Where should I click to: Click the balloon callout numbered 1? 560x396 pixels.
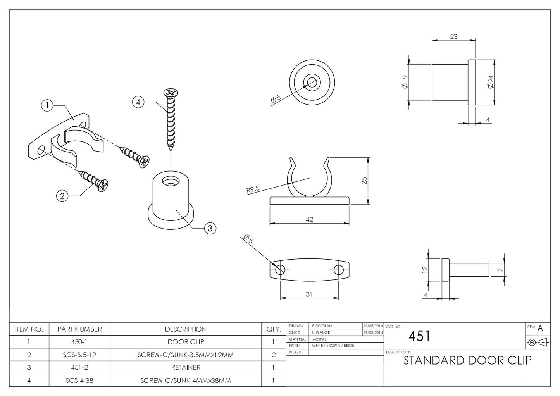(x=47, y=105)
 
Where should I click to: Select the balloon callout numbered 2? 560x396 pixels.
(x=62, y=196)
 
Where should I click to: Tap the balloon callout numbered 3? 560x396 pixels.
(x=210, y=228)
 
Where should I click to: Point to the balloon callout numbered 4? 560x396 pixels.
(x=138, y=102)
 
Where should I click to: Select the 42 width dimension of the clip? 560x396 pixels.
(x=309, y=219)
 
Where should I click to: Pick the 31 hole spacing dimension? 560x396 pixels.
(x=308, y=294)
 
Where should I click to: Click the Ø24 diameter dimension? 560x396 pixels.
(x=490, y=82)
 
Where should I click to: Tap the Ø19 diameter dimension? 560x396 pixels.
(x=405, y=82)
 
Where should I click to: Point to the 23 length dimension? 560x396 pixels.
(x=453, y=36)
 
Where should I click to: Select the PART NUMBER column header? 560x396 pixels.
(x=79, y=329)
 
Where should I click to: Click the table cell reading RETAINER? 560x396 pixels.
(x=186, y=367)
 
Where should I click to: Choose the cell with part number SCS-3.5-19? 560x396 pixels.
(x=79, y=355)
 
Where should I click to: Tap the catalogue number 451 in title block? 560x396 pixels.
(x=419, y=336)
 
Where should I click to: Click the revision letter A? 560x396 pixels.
(x=540, y=328)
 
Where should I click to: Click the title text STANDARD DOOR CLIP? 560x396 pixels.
(x=467, y=360)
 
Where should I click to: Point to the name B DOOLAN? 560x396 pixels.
(x=322, y=326)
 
